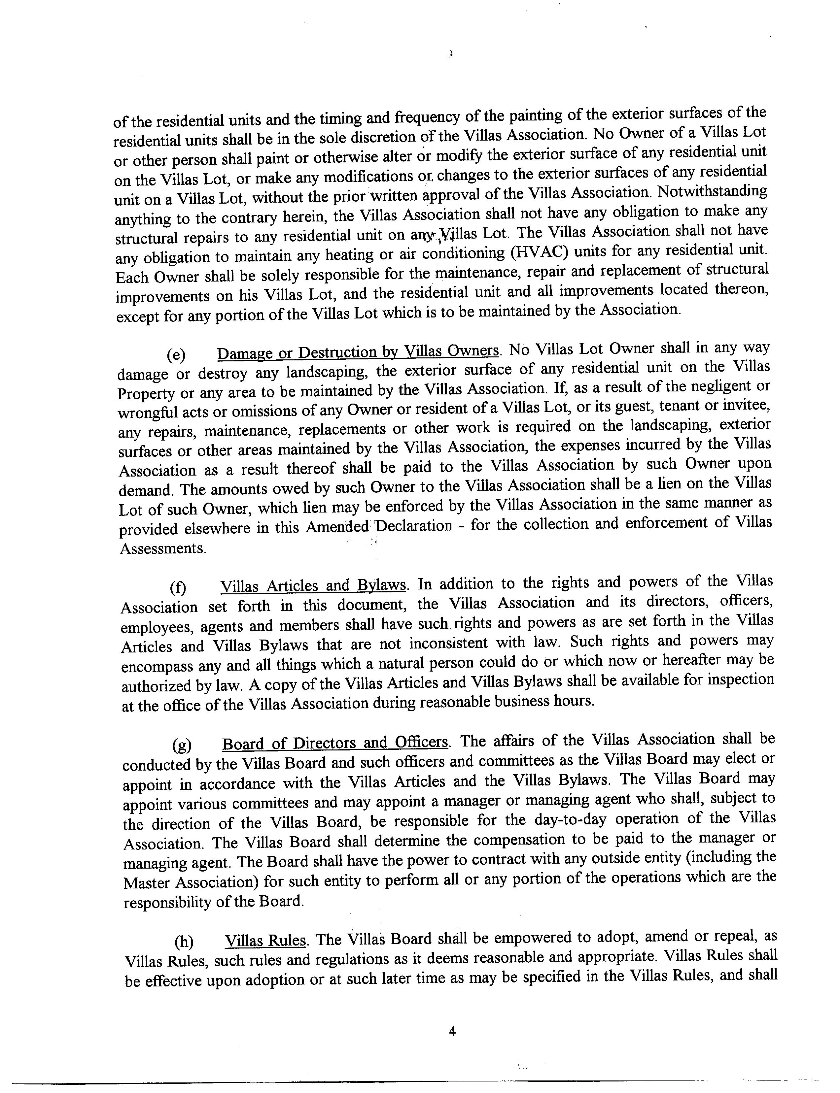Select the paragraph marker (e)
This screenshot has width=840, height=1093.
tap(176, 355)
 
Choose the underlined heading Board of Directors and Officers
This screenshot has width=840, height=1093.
tap(335, 743)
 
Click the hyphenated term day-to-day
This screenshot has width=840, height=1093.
tap(570, 820)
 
